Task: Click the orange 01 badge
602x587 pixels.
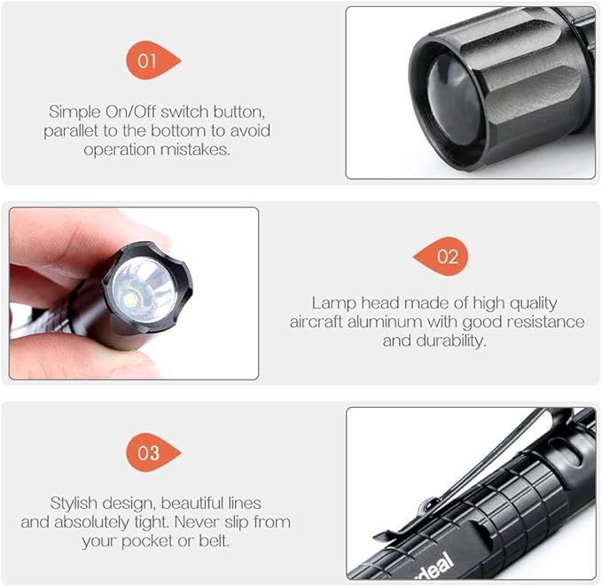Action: (x=152, y=60)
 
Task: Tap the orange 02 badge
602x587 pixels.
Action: (x=442, y=256)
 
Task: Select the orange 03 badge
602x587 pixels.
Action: (x=152, y=452)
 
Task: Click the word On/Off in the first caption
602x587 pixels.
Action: (x=130, y=112)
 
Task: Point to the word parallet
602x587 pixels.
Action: (x=71, y=131)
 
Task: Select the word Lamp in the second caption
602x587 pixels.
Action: (x=334, y=303)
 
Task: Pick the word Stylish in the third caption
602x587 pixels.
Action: (x=74, y=504)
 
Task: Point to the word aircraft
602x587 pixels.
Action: (x=316, y=322)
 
